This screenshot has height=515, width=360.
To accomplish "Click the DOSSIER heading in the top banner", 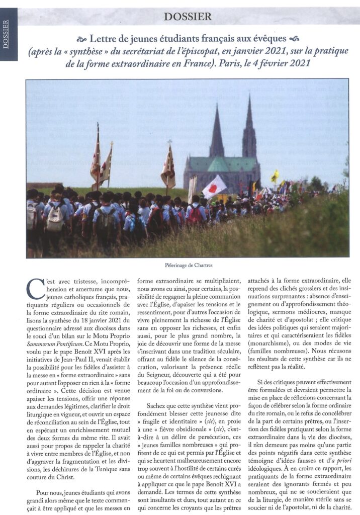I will [x=188, y=16].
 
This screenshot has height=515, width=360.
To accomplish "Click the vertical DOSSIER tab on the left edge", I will [x=6, y=35].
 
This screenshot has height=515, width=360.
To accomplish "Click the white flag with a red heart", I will [x=215, y=187].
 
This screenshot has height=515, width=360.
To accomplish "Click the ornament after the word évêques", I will [x=295, y=39].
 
